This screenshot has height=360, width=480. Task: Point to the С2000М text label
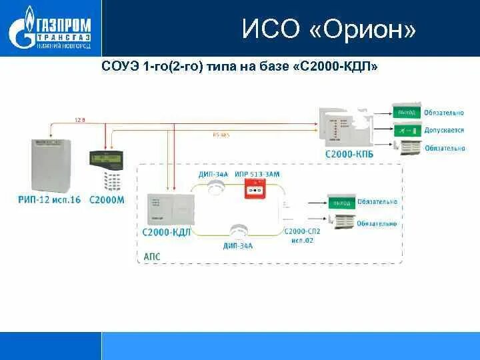click(x=106, y=199)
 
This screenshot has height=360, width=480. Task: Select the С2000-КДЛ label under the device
click(x=167, y=232)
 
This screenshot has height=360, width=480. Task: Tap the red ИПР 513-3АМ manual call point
click(x=254, y=191)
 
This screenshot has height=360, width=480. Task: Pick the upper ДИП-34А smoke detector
click(x=215, y=189)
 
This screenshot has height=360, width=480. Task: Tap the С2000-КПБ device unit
click(x=343, y=126)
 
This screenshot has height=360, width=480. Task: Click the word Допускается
click(x=445, y=130)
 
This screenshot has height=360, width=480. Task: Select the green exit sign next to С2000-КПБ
click(x=407, y=113)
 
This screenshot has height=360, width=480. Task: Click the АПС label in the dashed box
click(x=151, y=256)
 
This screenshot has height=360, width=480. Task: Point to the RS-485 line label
click(x=221, y=135)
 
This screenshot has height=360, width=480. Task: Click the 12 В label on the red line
click(x=80, y=120)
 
